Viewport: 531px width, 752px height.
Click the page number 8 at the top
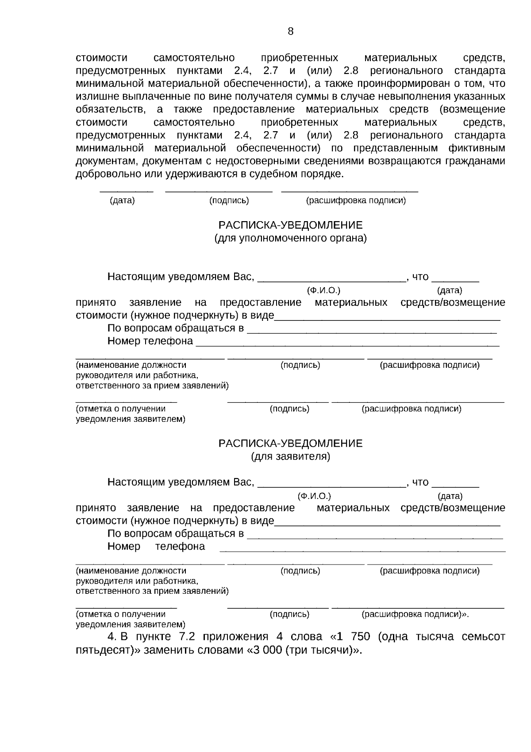coord(290,31)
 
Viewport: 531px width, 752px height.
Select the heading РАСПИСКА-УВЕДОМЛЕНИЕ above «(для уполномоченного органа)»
coord(290,225)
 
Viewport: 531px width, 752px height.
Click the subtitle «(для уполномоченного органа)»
coord(290,238)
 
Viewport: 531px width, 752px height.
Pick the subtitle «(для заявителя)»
coord(290,456)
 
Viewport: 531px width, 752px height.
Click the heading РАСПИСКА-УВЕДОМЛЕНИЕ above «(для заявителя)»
coord(290,444)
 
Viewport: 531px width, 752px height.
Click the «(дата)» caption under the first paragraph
coord(122,201)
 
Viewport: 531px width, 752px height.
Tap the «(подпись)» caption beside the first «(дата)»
coord(229,201)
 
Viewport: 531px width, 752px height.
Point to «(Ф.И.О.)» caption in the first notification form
coord(323,291)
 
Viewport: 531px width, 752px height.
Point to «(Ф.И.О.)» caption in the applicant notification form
coord(314,496)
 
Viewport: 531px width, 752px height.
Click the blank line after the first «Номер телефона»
coord(347,345)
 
